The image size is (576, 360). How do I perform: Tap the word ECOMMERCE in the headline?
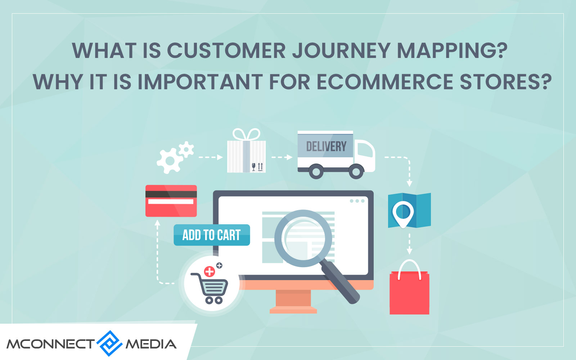pyautogui.click(x=384, y=82)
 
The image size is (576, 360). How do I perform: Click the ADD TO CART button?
pyautogui.click(x=212, y=235)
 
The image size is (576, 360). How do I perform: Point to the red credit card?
pyautogui.click(x=171, y=201)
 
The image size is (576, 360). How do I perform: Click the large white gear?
pyautogui.click(x=170, y=161)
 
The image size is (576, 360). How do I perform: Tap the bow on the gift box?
pyautogui.click(x=246, y=135)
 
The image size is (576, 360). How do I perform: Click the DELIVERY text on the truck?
pyautogui.click(x=326, y=147)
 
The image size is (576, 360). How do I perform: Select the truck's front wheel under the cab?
pyautogui.click(x=356, y=171)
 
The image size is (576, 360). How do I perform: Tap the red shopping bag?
pyautogui.click(x=409, y=293)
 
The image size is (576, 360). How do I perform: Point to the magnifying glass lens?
pyautogui.click(x=303, y=238)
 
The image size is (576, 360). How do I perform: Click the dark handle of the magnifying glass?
pyautogui.click(x=340, y=282)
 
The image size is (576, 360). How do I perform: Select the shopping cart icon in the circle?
pyautogui.click(x=210, y=288)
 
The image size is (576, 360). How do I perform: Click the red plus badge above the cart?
pyautogui.click(x=209, y=271)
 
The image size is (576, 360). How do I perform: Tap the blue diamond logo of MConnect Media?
pyautogui.click(x=110, y=343)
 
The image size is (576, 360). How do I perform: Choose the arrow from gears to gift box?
pyautogui.click(x=211, y=157)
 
